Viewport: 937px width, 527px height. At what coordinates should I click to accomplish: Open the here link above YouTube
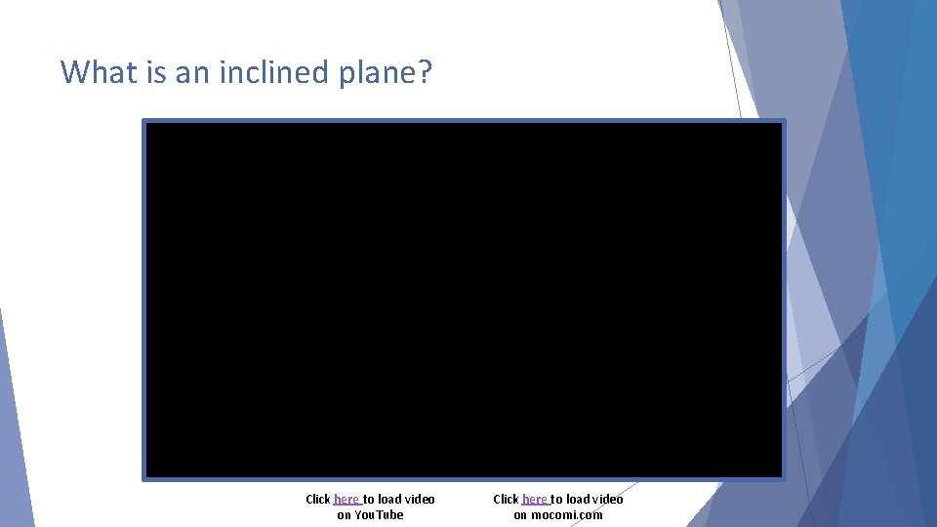[x=346, y=499]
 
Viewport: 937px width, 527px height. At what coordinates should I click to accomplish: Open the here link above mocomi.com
[x=534, y=499]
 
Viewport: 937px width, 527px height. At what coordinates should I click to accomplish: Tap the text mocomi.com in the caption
[x=567, y=514]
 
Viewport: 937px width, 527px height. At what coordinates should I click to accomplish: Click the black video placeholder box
[x=464, y=300]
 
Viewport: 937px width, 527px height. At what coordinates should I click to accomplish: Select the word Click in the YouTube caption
[x=318, y=499]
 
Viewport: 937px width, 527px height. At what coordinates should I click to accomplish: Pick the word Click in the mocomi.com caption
[x=506, y=499]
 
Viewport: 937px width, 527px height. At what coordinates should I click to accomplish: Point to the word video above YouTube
[x=420, y=499]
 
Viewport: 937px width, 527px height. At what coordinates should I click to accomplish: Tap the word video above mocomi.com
[x=607, y=499]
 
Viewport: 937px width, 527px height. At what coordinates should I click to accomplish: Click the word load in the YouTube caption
[x=389, y=499]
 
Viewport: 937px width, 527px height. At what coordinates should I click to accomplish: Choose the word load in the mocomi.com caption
[x=577, y=499]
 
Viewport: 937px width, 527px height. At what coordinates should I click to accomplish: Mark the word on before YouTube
[x=344, y=514]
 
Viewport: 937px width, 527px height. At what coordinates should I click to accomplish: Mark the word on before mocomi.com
[x=520, y=514]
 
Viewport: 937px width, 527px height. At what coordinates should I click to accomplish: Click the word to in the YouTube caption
[x=369, y=499]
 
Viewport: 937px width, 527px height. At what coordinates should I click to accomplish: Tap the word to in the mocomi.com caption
[x=556, y=499]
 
